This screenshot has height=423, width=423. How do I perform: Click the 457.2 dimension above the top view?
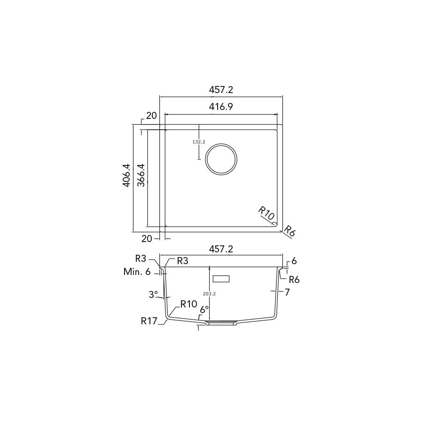[x=221, y=90]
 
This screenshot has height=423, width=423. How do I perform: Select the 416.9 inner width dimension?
[x=221, y=107]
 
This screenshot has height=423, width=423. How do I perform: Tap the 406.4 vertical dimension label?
[x=126, y=175]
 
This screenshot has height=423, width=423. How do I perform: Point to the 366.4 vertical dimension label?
[x=141, y=175]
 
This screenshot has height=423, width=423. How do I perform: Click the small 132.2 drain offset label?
[x=198, y=141]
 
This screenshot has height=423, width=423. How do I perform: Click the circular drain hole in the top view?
[x=221, y=144]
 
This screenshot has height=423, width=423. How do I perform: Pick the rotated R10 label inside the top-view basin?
[x=266, y=212]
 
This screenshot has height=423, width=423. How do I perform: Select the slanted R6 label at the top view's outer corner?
[x=290, y=231]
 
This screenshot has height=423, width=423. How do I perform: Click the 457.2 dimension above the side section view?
[x=221, y=249]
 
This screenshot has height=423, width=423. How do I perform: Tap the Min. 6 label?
[x=137, y=272]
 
